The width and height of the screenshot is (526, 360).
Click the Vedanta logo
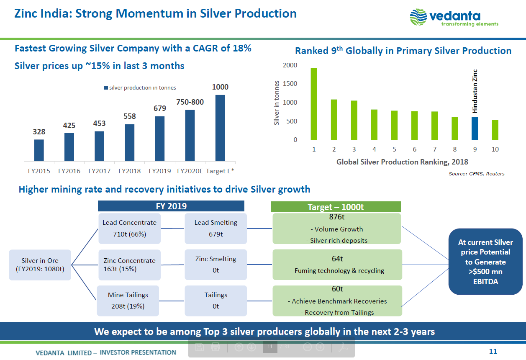point(454,18)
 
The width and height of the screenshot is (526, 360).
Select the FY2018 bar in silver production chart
point(130,142)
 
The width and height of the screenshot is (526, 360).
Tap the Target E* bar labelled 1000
point(220,128)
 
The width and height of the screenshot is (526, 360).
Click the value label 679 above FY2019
point(159,108)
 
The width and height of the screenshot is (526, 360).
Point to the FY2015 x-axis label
point(39,171)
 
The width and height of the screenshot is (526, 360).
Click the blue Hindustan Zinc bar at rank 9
point(475,128)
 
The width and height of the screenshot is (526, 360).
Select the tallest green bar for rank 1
point(314,104)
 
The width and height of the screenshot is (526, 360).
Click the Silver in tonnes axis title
point(277,103)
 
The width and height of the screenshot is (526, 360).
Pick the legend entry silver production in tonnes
point(140,88)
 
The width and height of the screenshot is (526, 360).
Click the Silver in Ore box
point(40,265)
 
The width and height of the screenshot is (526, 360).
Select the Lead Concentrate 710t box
point(129,229)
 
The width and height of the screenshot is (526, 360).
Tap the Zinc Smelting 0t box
point(216,265)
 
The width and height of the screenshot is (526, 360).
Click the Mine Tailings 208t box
point(128,301)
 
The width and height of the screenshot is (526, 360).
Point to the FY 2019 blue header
point(171,206)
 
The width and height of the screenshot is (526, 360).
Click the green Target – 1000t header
point(336,207)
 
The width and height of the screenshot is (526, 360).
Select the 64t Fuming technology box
point(337,265)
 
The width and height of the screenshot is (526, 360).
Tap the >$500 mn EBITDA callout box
point(485,262)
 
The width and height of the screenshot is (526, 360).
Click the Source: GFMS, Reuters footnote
point(477,174)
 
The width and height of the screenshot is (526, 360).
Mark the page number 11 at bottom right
point(493,352)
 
